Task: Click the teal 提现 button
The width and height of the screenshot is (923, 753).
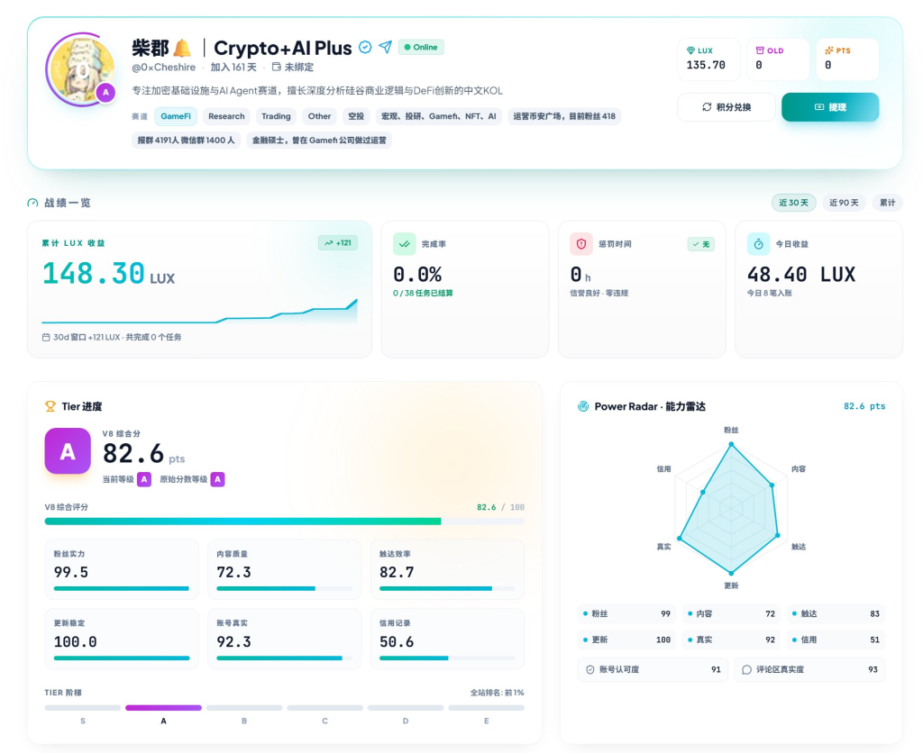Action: tap(830, 107)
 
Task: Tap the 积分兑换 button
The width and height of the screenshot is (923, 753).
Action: tap(727, 107)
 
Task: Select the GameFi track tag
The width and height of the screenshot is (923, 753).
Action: tap(176, 116)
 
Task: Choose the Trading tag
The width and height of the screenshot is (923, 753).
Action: tap(276, 116)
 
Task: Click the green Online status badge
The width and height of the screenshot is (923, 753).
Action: tap(421, 47)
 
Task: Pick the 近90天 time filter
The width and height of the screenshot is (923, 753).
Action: tap(844, 203)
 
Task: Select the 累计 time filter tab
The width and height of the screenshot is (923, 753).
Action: tap(887, 203)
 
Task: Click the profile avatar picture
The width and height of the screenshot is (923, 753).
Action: tap(82, 69)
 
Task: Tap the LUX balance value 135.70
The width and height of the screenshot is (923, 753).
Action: tap(706, 65)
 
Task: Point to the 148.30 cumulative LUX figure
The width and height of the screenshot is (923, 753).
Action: tap(94, 274)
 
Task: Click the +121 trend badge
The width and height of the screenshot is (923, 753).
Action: tap(338, 243)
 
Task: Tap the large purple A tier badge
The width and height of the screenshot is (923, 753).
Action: tap(68, 451)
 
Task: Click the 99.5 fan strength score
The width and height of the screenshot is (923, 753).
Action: tap(71, 572)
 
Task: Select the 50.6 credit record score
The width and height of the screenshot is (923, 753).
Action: tap(397, 642)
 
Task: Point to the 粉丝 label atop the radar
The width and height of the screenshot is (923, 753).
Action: tap(731, 430)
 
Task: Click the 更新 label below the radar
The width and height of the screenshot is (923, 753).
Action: tap(731, 585)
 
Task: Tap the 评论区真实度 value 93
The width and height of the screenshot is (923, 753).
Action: tap(873, 669)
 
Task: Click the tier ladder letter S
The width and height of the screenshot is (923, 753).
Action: tap(83, 721)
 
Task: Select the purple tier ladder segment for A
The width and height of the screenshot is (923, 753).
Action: tap(164, 708)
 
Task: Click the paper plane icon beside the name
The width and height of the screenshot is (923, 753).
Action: tap(386, 47)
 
